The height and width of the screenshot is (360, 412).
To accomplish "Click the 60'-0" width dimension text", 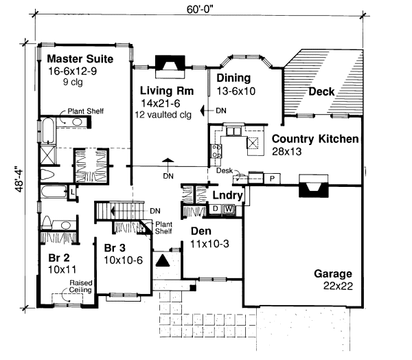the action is point(199,10).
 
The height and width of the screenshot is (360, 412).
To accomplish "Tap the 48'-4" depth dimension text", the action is point(19,179).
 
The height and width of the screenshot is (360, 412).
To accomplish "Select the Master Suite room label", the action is point(80,59).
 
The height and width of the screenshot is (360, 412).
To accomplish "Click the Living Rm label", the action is point(167,91).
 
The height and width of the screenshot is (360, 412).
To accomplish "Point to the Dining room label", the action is point(233,78).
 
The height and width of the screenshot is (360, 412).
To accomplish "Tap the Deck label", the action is point(321,91).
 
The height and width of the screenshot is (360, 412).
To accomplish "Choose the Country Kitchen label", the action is point(315,139).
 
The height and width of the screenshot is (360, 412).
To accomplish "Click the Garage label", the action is point(333,274).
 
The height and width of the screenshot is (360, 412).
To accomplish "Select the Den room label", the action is point(201,231).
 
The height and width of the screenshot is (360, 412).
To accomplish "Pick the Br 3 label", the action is point(115,248).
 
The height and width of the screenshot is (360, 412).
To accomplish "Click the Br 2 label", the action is point(59,258).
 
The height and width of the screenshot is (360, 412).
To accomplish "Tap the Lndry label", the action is point(227,195).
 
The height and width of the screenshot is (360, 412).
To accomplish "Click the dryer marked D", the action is point(216,209).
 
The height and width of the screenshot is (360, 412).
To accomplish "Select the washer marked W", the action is point(229,209).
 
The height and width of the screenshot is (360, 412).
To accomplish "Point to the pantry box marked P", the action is point(272,179).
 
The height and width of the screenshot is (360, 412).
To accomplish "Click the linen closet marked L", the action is point(72,192).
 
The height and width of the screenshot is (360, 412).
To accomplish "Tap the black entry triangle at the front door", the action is point(163,260).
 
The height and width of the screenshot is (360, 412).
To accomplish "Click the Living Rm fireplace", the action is point(170,67).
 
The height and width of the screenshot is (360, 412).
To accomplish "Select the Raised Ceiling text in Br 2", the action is point(80,286).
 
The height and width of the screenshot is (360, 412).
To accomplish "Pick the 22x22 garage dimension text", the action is point(338,286).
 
